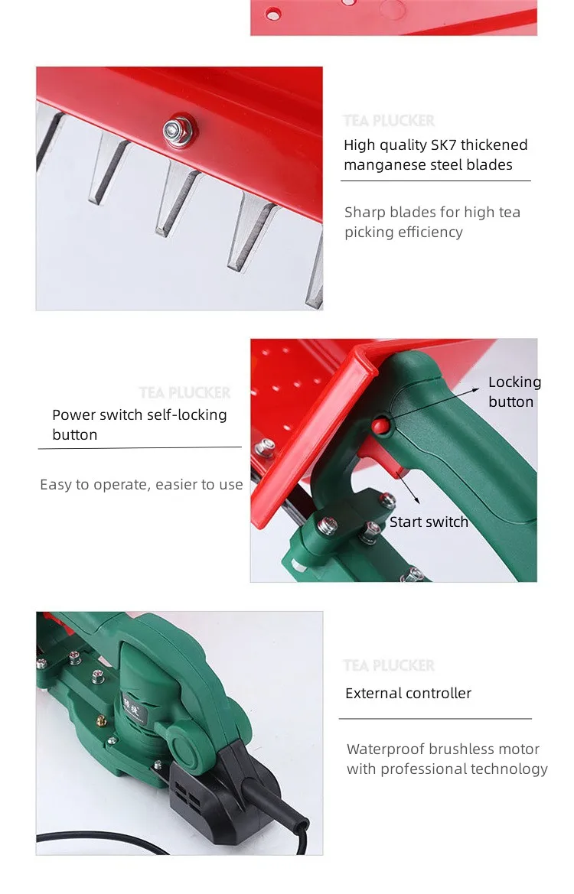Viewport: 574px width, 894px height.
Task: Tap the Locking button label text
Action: point(514,392)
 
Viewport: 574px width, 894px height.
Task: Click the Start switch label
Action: point(429,522)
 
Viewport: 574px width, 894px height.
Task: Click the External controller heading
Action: point(408,694)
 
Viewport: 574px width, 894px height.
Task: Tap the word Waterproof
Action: point(385,749)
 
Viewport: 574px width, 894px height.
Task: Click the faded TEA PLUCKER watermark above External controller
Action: point(389,666)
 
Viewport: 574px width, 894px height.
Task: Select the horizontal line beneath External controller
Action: point(435,719)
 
